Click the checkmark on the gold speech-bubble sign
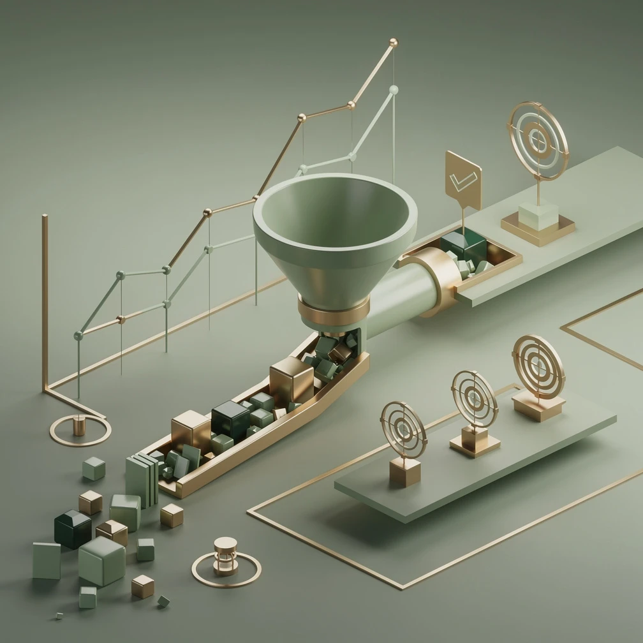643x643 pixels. tap(462, 181)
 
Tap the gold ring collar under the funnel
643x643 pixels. tap(334, 311)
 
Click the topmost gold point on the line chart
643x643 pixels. tap(393, 43)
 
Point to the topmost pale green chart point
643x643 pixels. tap(394, 89)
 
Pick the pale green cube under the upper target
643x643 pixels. tap(538, 216)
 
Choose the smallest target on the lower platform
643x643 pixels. tap(403, 429)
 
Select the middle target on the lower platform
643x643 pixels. tap(474, 399)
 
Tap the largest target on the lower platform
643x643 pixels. tap(538, 366)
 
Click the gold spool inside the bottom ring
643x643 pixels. tap(225, 556)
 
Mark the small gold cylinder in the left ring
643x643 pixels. tap(79, 425)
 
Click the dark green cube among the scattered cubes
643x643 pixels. tap(72, 528)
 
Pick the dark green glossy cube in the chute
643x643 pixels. tap(230, 418)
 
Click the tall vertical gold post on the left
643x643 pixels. tap(45, 300)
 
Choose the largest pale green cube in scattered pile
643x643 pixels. tap(101, 560)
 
